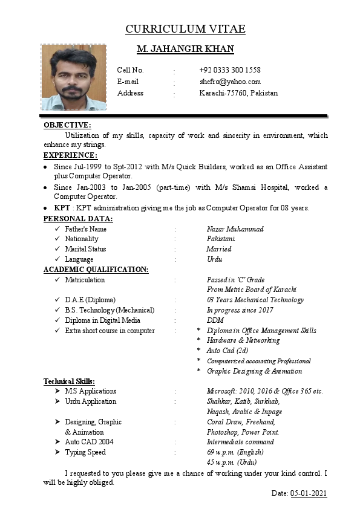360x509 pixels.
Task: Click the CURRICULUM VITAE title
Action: click(185, 29)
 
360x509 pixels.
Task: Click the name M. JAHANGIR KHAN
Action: click(185, 49)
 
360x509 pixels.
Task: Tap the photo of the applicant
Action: click(73, 77)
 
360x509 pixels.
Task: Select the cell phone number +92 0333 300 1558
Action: click(230, 70)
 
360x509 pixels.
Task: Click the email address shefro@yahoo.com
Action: click(230, 82)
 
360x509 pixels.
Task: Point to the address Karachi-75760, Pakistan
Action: click(238, 93)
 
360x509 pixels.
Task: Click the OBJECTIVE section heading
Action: click(67, 125)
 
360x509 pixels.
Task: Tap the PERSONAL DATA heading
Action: click(78, 218)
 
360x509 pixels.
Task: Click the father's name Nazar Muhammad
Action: click(235, 229)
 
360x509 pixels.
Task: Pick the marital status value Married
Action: click(218, 249)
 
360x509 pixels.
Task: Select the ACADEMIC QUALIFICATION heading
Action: click(96, 270)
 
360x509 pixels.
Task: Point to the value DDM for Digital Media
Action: click(215, 320)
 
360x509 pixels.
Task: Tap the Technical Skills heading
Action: click(69, 381)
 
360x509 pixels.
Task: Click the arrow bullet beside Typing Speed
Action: click(56, 452)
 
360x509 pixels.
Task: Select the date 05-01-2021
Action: click(309, 493)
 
